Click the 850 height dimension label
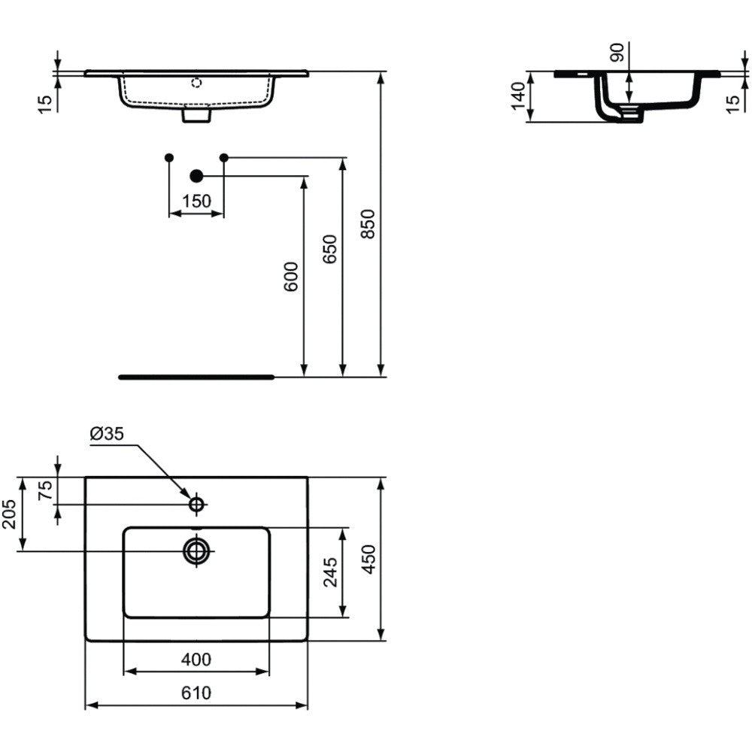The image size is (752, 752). (x=368, y=223)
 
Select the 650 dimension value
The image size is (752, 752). (x=329, y=249)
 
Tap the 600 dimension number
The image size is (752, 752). (x=291, y=277)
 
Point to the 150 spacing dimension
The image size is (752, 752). (x=196, y=201)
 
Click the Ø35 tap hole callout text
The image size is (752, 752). (x=107, y=434)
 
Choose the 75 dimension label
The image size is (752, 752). (x=45, y=490)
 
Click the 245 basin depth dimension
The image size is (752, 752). (x=330, y=572)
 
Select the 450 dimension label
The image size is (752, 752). (x=368, y=559)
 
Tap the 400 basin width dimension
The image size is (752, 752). (x=196, y=660)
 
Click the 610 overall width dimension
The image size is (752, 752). (x=196, y=693)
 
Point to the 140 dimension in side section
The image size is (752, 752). (x=518, y=96)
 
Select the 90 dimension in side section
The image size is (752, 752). (x=617, y=53)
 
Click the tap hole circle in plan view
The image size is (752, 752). (x=196, y=505)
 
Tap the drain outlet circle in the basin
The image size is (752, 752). (x=196, y=551)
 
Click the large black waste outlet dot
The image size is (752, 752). (x=196, y=177)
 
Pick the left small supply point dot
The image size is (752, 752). (x=168, y=157)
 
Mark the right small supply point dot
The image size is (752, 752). (x=223, y=157)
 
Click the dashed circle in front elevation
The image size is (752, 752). (x=196, y=83)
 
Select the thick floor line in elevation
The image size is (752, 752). (x=196, y=378)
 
